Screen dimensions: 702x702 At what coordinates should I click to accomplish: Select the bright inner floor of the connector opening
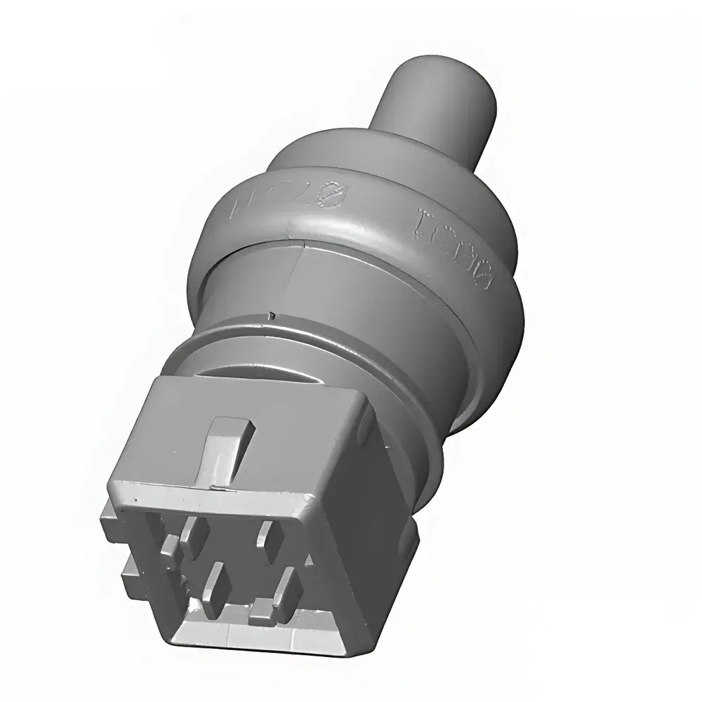click(x=211, y=635)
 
